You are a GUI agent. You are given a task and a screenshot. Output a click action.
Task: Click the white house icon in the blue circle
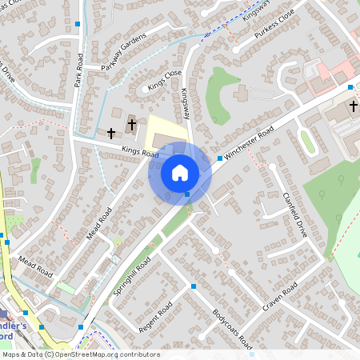(179, 173)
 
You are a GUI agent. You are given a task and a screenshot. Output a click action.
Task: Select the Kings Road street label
(140, 150)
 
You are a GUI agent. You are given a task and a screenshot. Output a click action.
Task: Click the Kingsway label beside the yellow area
(185, 104)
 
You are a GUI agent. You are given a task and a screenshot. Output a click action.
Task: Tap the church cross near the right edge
(353, 106)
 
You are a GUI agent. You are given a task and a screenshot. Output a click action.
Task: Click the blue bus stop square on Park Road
(78, 25)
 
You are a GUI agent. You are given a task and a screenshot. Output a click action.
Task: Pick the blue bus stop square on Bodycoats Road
(194, 286)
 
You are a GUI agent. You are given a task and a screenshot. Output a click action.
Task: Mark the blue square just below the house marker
(187, 194)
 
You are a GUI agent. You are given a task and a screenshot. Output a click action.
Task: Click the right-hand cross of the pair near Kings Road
(132, 125)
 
